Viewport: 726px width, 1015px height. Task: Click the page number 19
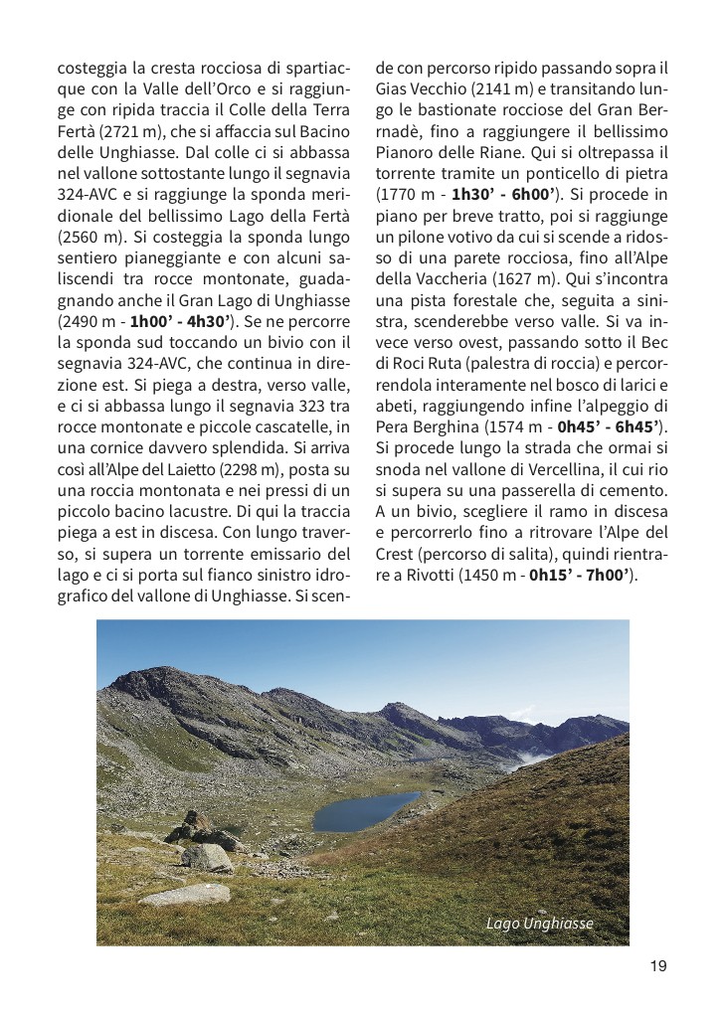[x=658, y=965]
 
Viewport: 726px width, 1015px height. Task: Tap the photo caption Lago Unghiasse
[x=539, y=924]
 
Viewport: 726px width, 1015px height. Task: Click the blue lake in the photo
[x=363, y=810]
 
